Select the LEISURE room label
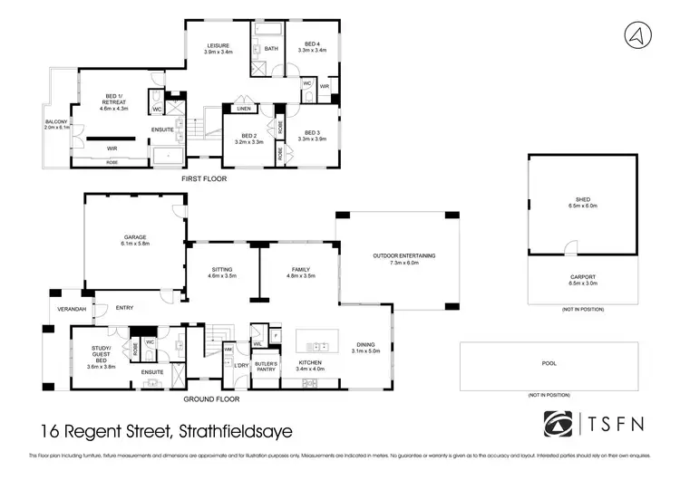[218, 45]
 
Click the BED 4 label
[312, 44]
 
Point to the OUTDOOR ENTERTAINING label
[404, 256]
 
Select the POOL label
[548, 364]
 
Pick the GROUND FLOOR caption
[211, 398]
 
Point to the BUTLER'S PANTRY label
[265, 365]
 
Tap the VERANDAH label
[72, 309]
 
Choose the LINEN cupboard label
[243, 110]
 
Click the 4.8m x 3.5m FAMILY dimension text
[301, 275]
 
